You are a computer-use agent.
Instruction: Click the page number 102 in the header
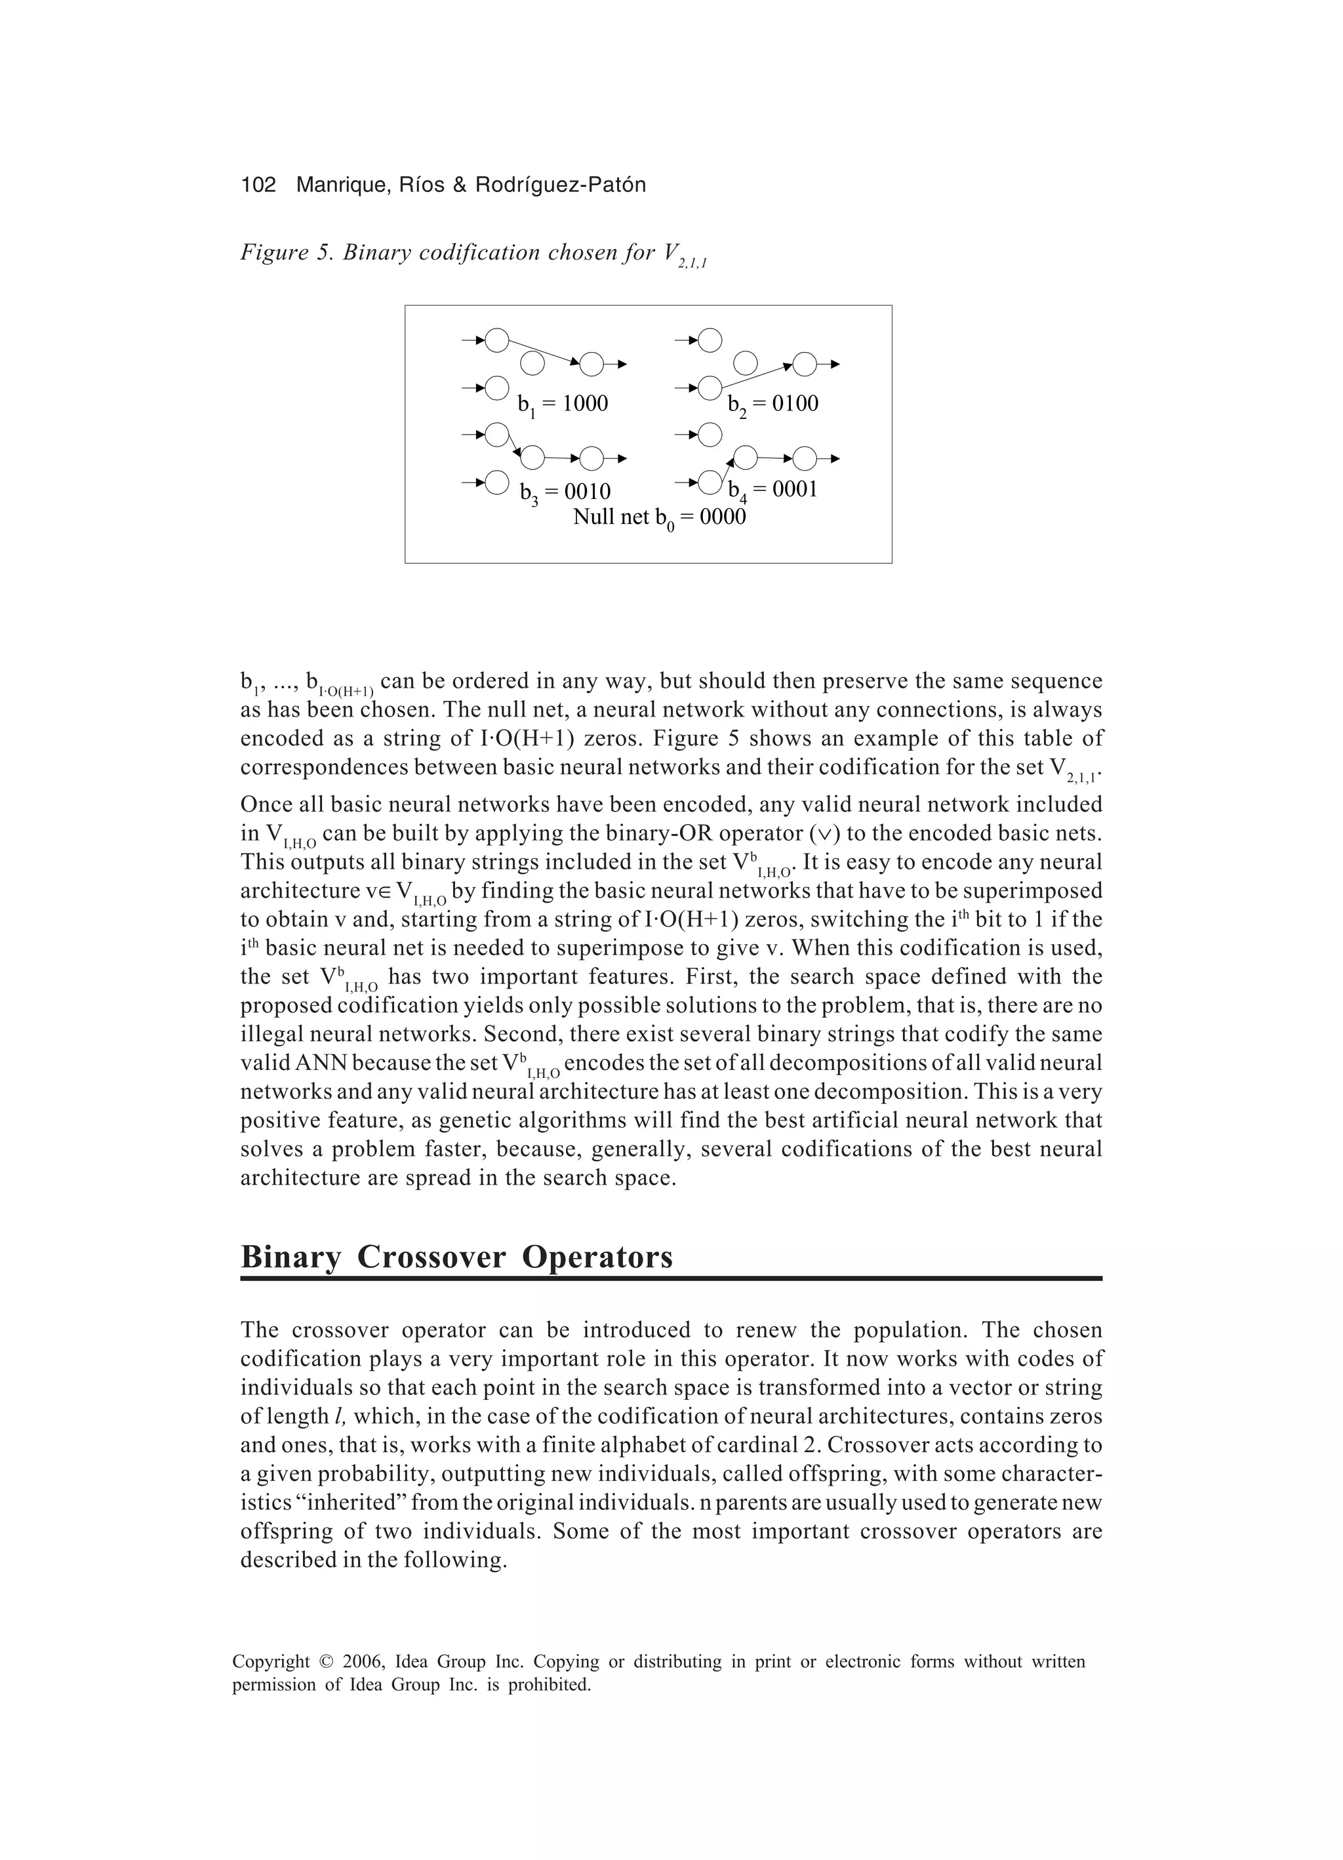click(258, 186)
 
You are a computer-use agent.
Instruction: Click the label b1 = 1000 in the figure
click(563, 405)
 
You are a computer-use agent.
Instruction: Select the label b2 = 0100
click(773, 405)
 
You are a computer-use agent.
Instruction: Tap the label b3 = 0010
click(565, 492)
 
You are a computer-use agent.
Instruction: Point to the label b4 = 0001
click(773, 490)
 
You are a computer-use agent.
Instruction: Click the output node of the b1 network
click(591, 363)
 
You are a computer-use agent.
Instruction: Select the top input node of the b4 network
click(710, 433)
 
